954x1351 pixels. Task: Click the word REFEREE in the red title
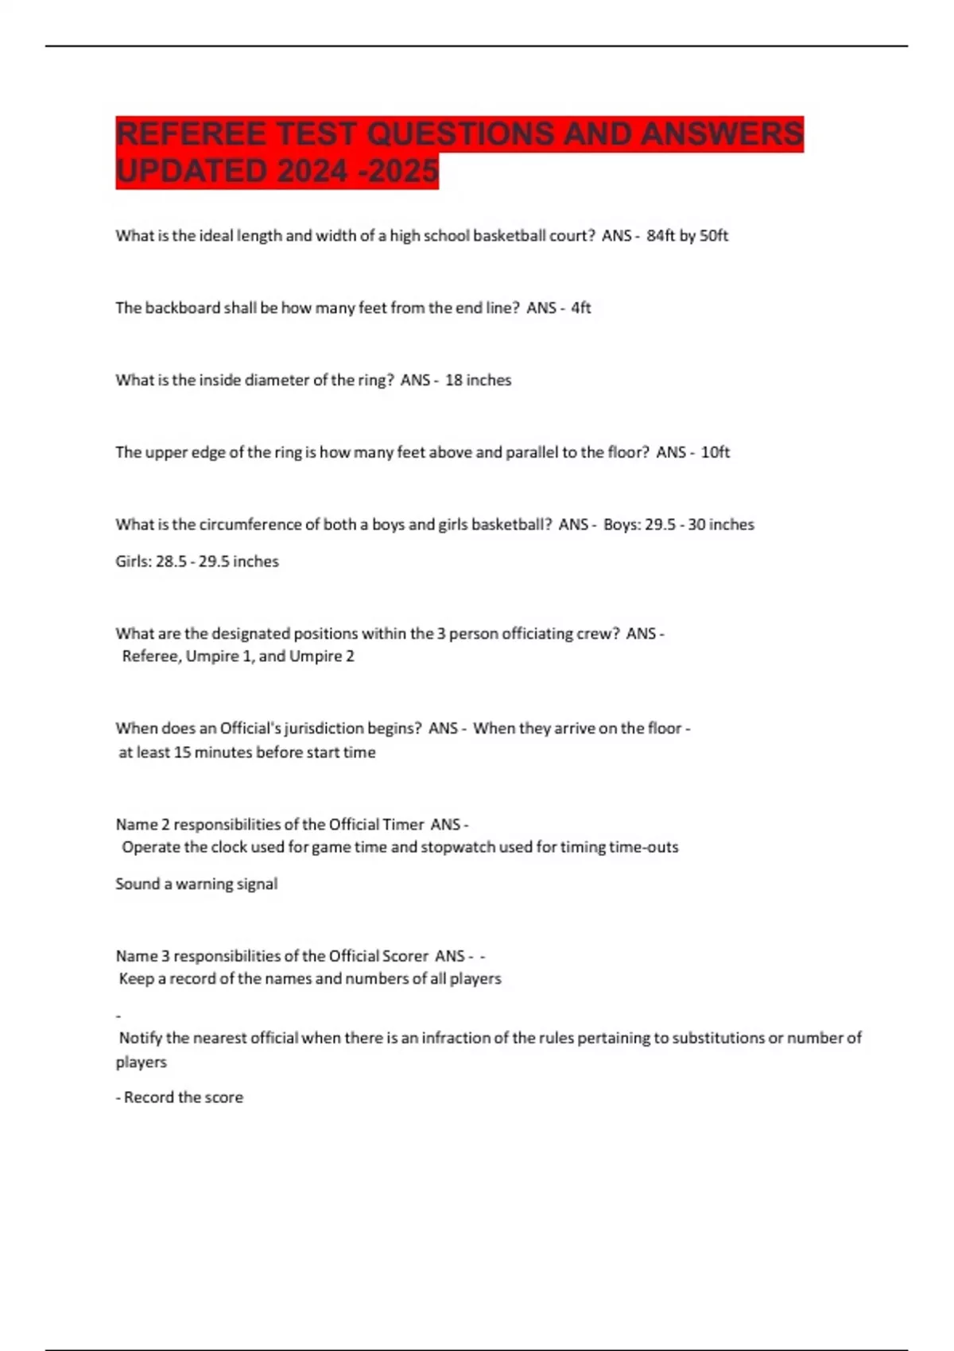pyautogui.click(x=190, y=134)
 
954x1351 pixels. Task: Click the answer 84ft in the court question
pyautogui.click(x=660, y=235)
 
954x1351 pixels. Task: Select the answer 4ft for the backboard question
pyautogui.click(x=580, y=308)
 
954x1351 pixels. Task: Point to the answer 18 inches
pyautogui.click(x=478, y=380)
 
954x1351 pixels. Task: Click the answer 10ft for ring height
pyautogui.click(x=715, y=452)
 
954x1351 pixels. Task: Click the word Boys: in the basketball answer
pyautogui.click(x=621, y=525)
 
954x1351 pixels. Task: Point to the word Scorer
pyautogui.click(x=405, y=955)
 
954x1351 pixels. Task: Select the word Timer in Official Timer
pyautogui.click(x=403, y=824)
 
